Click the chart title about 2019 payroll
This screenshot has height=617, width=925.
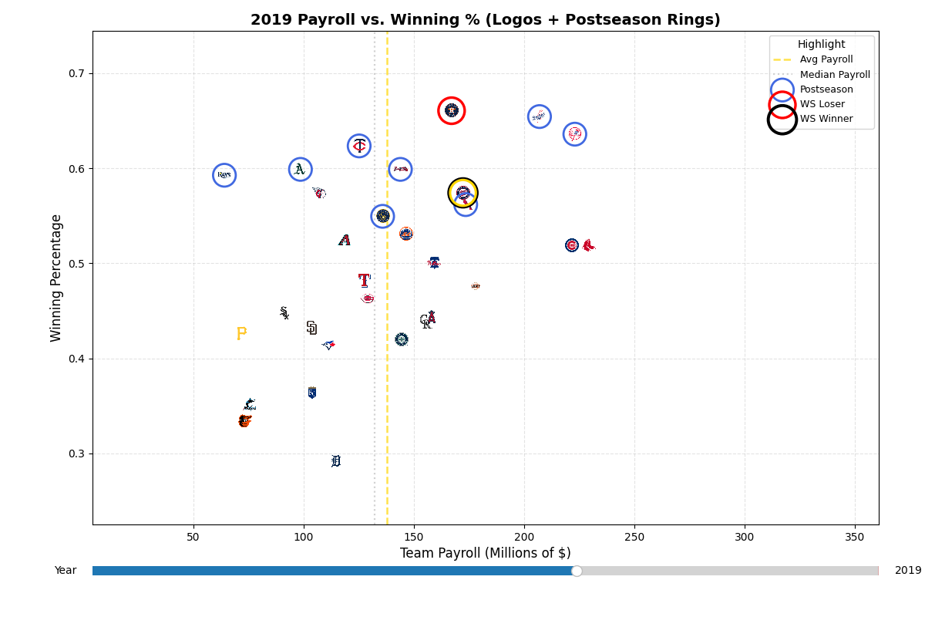pos(485,20)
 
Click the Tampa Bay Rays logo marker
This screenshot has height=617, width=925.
pos(224,175)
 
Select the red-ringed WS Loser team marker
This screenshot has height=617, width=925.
pos(452,110)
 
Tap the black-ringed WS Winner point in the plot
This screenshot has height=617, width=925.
pos(462,193)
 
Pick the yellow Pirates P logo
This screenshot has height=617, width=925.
pos(241,333)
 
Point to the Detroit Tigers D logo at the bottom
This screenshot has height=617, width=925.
pos(335,461)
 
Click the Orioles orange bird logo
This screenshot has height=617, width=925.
pos(244,420)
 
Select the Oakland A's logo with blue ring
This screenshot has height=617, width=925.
pos(300,170)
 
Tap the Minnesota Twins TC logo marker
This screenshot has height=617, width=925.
pos(359,146)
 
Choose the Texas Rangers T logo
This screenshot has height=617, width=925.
pos(364,280)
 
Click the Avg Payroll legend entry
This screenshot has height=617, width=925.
pos(826,59)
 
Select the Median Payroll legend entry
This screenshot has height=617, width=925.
pos(834,75)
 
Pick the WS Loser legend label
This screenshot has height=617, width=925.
pos(822,104)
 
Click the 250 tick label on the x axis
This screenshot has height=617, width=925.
pos(634,536)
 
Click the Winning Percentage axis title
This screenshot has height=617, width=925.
pos(56,278)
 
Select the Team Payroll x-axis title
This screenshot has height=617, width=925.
pos(485,553)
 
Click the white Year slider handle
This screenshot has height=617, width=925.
pos(577,571)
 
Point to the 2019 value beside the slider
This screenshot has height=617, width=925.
pos(907,571)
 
